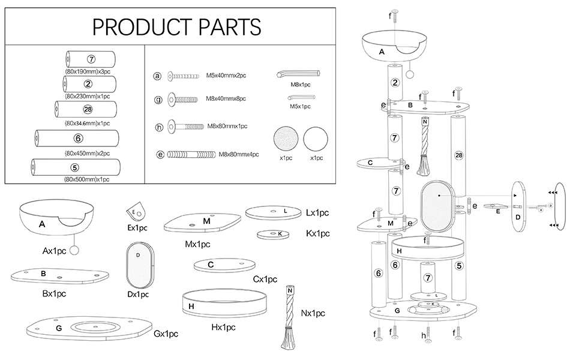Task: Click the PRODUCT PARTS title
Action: pos(176,27)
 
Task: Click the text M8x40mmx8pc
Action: pos(226,98)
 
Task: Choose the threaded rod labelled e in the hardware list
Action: pos(190,154)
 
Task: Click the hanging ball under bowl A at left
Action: pos(74,250)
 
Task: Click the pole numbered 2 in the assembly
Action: pos(394,83)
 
